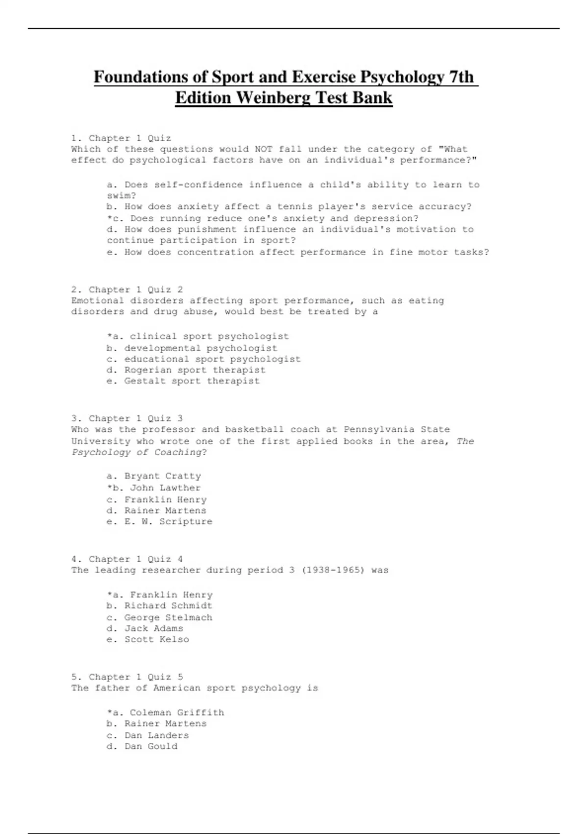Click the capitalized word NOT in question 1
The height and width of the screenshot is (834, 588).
click(264, 149)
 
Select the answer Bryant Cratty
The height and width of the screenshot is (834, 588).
click(162, 476)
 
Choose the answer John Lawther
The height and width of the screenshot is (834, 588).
click(165, 488)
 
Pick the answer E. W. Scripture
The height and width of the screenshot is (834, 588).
click(168, 521)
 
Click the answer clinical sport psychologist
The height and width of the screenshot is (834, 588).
click(209, 337)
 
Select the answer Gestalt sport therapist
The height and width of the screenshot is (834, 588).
click(192, 381)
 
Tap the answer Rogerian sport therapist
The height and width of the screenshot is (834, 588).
click(195, 370)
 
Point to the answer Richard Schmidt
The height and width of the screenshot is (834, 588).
click(168, 606)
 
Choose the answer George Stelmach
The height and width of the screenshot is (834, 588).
click(168, 618)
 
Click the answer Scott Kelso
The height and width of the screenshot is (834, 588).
click(156, 639)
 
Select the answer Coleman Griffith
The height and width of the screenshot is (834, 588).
click(176, 712)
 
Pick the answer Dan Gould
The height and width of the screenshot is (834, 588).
click(150, 746)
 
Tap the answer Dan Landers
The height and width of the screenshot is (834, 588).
click(156, 735)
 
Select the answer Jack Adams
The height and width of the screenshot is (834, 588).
click(153, 628)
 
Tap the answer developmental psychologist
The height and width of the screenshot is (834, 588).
click(200, 348)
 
